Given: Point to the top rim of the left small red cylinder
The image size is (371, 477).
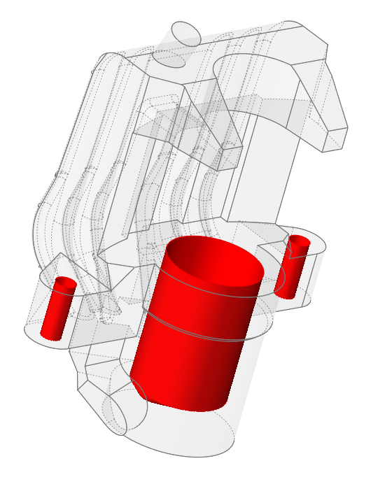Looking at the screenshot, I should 65,281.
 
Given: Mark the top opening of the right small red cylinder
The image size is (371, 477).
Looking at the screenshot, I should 300,241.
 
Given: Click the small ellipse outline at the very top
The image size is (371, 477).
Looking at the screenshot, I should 186,33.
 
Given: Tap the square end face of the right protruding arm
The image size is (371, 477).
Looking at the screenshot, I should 335,139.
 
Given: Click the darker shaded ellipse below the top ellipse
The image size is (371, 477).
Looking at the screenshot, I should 169,59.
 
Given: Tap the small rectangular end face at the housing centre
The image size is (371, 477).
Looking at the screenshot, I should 230,158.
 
